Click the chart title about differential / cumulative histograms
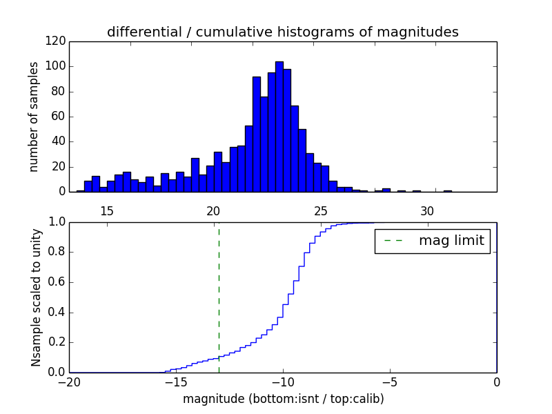point(282,32)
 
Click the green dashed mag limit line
point(219,297)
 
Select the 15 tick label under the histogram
point(107,210)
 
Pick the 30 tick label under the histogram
point(428,210)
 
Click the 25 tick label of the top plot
point(321,210)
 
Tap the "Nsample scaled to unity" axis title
point(35,297)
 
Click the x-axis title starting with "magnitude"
point(283,399)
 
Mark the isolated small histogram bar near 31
point(447,190)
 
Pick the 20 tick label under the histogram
point(213,210)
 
